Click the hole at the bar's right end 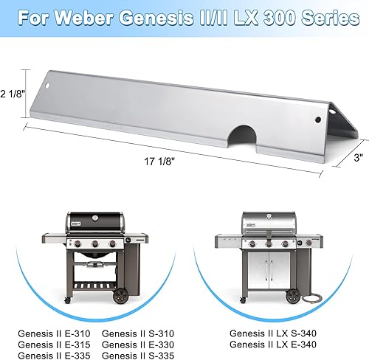pyautogui.click(x=318, y=117)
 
